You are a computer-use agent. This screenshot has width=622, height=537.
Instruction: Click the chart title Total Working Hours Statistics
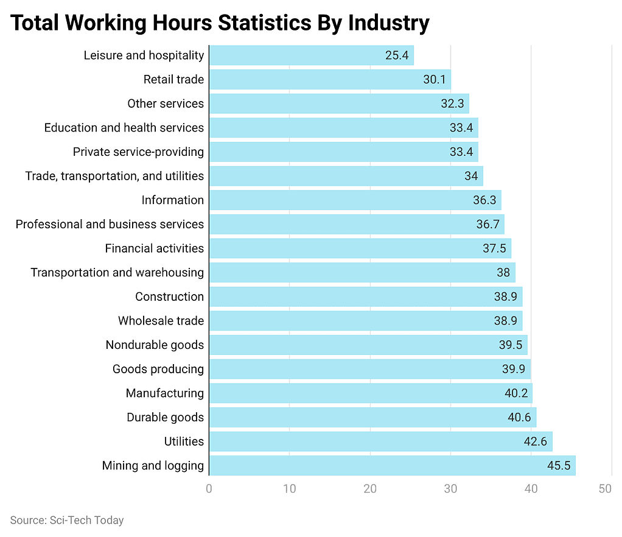[220, 23]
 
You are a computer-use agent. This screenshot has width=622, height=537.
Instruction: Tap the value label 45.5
[559, 466]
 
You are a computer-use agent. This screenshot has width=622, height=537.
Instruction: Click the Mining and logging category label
[153, 466]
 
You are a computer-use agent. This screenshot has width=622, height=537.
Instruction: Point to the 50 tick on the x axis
[605, 489]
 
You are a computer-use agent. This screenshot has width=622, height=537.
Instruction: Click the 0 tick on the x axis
[209, 489]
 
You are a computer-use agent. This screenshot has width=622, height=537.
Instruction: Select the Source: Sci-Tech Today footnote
[67, 520]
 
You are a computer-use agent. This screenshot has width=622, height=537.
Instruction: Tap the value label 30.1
[435, 80]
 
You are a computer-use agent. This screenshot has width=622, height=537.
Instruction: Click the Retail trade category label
[173, 80]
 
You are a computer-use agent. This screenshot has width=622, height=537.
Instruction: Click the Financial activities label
[154, 248]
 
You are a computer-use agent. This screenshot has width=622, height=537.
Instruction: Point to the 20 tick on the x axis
[370, 489]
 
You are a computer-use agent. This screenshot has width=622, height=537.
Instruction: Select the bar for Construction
[365, 297]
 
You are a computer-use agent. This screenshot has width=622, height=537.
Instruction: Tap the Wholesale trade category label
[161, 321]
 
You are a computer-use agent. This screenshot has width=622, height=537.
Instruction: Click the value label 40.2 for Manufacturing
[516, 393]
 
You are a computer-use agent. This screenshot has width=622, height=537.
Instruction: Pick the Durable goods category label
[165, 418]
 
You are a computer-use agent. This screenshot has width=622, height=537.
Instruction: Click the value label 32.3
[453, 104]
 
